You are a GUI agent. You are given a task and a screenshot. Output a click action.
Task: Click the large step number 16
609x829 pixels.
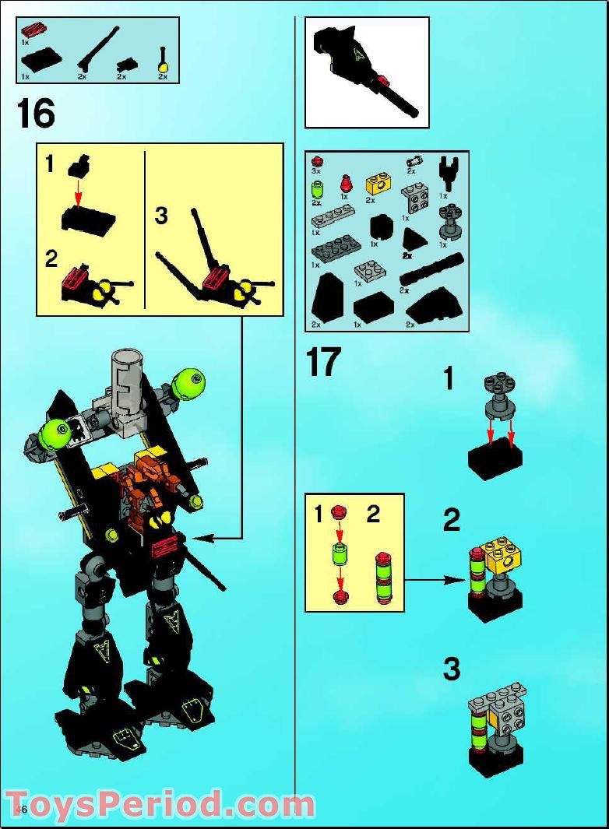(36, 114)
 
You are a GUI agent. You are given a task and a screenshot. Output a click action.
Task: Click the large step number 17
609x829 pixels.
(322, 362)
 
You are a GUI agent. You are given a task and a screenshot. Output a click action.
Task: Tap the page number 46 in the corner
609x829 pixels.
(21, 810)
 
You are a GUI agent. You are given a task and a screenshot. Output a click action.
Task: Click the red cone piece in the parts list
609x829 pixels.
(343, 184)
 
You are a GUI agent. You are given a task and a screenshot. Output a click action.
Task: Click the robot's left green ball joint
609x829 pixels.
(55, 432)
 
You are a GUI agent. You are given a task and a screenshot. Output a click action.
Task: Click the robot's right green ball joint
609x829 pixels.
(190, 384)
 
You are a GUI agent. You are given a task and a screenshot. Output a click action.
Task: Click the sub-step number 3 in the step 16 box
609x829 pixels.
(161, 216)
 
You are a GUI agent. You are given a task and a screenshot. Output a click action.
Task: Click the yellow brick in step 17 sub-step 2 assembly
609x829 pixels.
(503, 554)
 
